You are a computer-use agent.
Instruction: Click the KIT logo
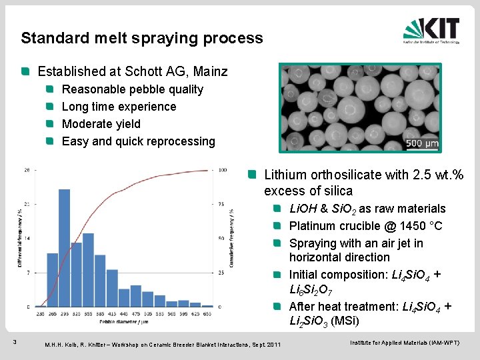431,30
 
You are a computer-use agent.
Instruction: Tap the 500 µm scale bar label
422,143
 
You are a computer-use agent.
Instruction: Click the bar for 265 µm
52,280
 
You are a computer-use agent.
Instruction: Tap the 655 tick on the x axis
207,313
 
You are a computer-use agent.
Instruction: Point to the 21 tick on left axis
26,204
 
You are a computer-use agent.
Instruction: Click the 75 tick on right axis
222,204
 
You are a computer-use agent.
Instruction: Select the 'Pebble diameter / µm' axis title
124,321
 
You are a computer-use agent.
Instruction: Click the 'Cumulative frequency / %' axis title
232,238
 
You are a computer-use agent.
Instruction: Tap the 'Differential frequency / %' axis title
19,238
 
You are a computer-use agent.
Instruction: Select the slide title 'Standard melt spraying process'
141,38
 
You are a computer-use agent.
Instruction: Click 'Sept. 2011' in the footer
264,344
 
